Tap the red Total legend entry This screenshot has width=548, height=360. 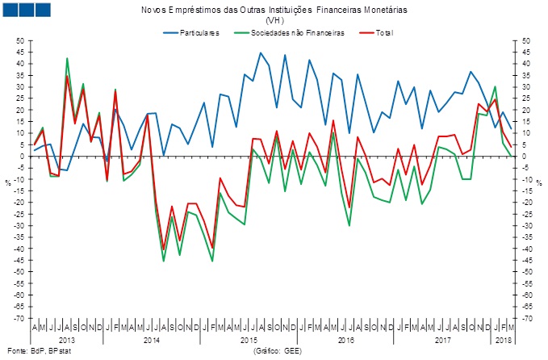pos(379,33)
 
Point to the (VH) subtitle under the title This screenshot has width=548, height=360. pos(274,21)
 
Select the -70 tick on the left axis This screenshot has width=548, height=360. pos(19,318)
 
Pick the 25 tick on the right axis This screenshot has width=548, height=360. pos(525,98)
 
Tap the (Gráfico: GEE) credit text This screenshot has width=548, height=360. pos(278,351)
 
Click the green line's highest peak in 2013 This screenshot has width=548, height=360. pos(67,58)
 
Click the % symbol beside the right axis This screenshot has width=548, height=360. pos(539,181)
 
